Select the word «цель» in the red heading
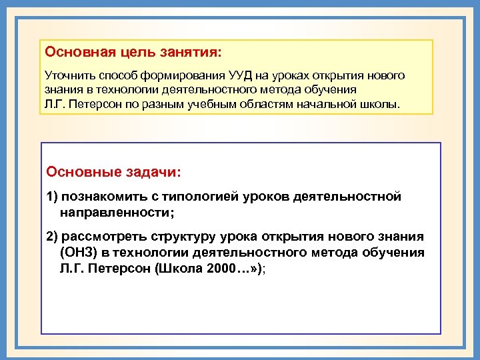click(133, 51)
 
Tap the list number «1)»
click(53, 197)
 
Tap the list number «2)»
click(53, 237)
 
